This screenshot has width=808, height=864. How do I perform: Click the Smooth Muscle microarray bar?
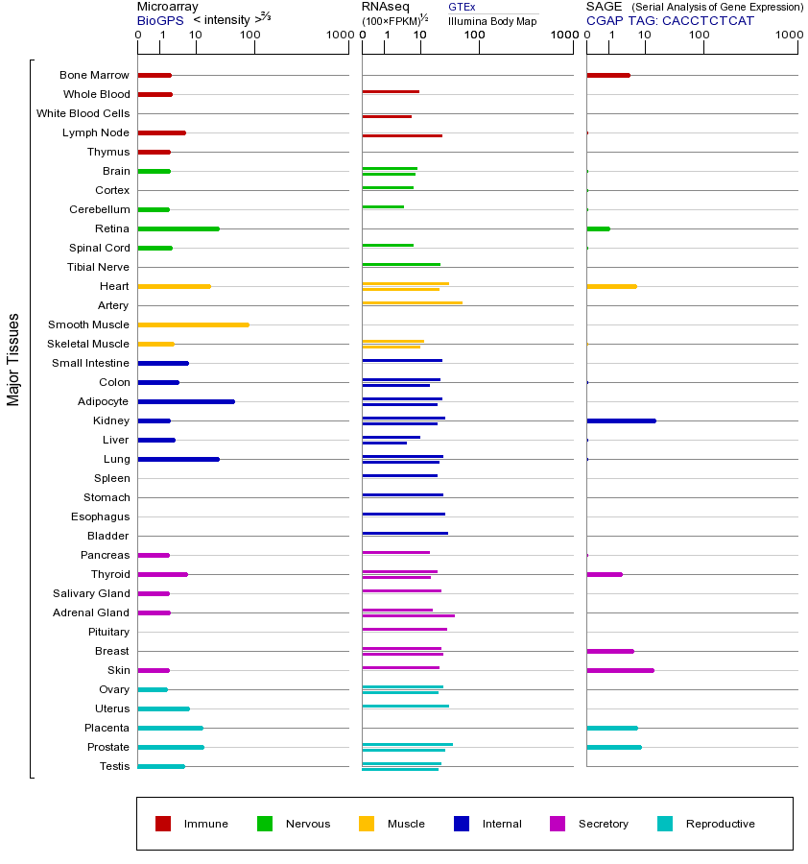[193, 324]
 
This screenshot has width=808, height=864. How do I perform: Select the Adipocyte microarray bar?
[186, 401]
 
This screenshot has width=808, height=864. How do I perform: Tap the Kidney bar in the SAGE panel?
[621, 420]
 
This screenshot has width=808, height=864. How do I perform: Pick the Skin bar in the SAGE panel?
[620, 670]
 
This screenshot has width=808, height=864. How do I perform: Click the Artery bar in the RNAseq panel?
[412, 302]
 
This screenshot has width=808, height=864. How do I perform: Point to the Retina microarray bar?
[178, 228]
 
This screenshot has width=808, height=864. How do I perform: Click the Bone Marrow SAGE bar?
[607, 75]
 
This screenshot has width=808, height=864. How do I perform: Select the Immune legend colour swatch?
[163, 824]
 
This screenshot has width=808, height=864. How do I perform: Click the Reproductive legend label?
[720, 824]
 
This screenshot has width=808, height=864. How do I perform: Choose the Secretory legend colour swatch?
[558, 824]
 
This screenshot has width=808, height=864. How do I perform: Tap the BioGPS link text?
[159, 19]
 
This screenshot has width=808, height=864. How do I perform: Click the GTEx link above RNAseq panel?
[462, 7]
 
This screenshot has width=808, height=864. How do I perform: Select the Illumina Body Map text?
[492, 20]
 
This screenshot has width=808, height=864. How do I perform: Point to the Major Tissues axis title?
[13, 359]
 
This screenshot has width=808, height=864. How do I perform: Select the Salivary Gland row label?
[91, 593]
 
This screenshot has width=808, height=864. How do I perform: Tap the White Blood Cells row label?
[83, 113]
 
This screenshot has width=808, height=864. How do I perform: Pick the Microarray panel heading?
[168, 7]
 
